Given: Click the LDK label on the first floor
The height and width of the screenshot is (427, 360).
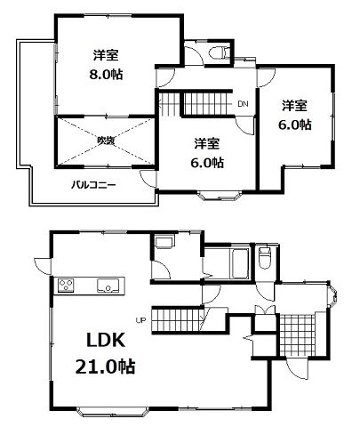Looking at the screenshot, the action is click(x=105, y=341).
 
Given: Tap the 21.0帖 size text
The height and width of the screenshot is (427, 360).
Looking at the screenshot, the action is click(x=105, y=367).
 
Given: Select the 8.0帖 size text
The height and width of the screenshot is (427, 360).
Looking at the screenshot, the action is click(x=106, y=74).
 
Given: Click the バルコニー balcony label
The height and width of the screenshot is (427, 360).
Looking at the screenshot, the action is click(x=93, y=185).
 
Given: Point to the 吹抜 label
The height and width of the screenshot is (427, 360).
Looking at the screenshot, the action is click(x=106, y=140).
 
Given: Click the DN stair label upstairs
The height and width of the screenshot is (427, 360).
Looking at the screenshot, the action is click(x=243, y=104).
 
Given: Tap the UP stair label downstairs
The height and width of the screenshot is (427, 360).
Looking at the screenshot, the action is click(x=140, y=320).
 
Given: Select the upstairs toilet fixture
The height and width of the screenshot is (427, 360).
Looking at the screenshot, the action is click(x=220, y=52).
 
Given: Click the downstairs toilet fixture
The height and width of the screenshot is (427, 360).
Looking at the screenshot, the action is click(x=264, y=258).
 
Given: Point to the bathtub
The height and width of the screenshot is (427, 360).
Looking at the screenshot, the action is click(x=240, y=263).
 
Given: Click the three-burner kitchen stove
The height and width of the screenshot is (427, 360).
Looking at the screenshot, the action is click(x=66, y=286).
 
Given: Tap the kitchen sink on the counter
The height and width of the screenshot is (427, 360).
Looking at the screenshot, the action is click(x=108, y=286).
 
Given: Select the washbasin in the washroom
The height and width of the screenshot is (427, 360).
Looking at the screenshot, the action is click(x=164, y=241).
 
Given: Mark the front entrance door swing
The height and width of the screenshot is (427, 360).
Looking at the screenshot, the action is click(x=298, y=369).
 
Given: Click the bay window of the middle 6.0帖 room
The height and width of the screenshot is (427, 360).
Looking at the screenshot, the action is click(x=219, y=196).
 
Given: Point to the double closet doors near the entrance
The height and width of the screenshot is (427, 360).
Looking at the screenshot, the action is click(x=265, y=309).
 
